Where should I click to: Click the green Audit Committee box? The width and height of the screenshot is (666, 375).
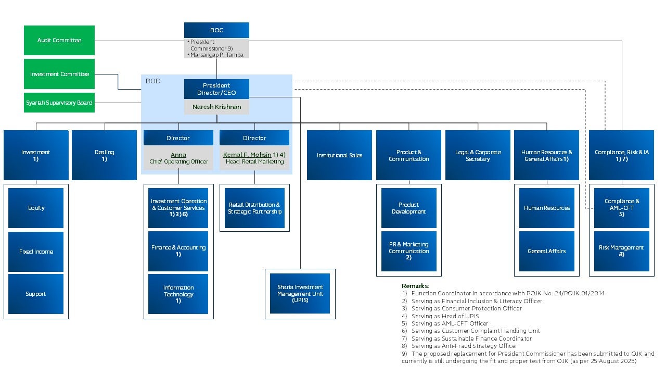coord(59,40)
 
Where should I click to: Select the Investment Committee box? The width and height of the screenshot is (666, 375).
coord(59,74)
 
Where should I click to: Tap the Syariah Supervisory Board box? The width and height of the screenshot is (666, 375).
coord(59,103)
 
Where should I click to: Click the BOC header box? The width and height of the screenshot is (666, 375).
coord(216,30)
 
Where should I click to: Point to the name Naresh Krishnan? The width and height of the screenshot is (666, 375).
coord(216,107)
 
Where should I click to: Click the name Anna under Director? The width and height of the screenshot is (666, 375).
coord(178,155)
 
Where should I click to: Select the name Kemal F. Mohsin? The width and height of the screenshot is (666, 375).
coord(247,155)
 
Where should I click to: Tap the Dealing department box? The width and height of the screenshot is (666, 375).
coord(105,155)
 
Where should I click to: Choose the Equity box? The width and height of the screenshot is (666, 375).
coord(36,208)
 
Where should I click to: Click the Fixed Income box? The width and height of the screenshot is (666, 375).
coord(36,252)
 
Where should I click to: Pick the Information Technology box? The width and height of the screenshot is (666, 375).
coord(178,294)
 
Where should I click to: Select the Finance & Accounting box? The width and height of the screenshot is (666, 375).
coord(178,251)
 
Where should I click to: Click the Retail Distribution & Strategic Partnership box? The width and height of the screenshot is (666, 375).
coord(254,208)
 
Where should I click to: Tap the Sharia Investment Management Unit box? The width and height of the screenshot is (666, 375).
coord(300,293)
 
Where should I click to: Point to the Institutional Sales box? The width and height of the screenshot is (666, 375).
coord(339,155)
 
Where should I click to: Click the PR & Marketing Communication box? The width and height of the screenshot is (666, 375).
coord(409,251)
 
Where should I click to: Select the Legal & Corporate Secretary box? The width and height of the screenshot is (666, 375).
coord(478,155)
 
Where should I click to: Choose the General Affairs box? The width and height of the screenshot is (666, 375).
coord(547,251)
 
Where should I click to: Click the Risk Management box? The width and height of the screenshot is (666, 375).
coord(621,251)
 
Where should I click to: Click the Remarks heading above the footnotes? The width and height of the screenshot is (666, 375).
coord(415,286)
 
